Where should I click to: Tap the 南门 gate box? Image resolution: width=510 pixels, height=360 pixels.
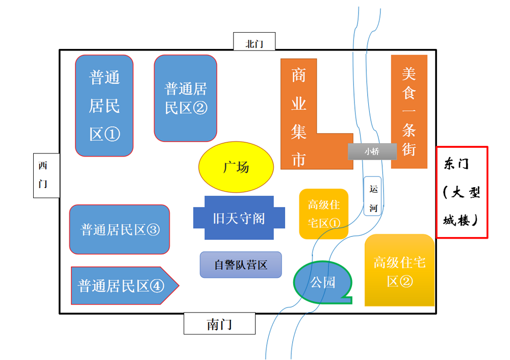tap(219, 324)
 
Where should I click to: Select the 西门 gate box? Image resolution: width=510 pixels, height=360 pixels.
tap(46, 175)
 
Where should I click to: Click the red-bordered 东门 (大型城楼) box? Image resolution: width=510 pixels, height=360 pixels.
tap(462, 192)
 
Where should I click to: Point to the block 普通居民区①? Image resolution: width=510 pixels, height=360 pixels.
tap(104, 106)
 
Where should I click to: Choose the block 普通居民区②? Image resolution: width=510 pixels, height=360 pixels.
tap(185, 98)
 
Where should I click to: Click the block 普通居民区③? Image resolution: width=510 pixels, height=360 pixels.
tap(119, 229)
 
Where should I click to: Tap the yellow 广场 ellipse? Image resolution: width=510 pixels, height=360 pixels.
tap(236, 167)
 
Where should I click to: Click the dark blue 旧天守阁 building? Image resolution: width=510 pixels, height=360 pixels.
tap(239, 218)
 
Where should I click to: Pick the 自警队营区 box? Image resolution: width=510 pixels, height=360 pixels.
tap(240, 265)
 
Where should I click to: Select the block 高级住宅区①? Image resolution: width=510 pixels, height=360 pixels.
tap(323, 214)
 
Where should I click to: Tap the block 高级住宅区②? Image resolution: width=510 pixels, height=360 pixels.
tap(399, 271)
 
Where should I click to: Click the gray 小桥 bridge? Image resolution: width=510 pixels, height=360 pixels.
tap(372, 151)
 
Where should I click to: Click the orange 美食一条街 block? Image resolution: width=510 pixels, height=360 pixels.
tap(409, 111)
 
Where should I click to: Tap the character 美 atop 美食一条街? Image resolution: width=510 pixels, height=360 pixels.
tap(409, 73)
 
